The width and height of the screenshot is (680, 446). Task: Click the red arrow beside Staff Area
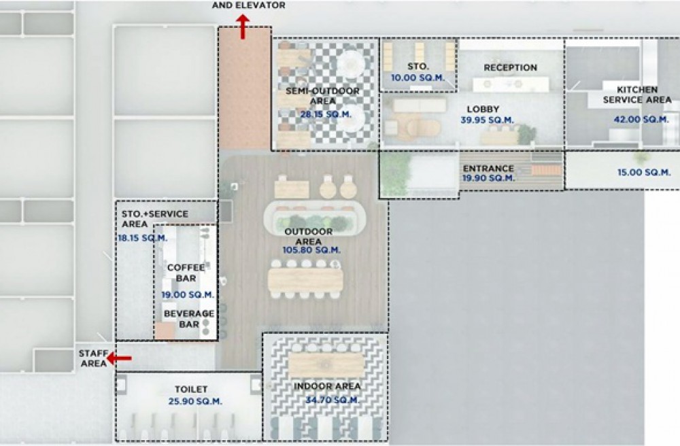pos(119,358)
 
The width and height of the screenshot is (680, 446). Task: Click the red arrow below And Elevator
pos(243,27)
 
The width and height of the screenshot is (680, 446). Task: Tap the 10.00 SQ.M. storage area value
pos(418,78)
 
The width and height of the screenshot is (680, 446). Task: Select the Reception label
pos(511,67)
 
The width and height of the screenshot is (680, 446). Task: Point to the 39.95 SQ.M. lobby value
pos(487,120)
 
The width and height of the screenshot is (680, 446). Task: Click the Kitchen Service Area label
pos(637,95)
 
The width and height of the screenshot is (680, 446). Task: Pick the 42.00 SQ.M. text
pos(641,119)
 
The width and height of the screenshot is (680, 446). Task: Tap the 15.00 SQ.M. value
pos(644,173)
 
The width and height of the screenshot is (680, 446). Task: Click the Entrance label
pos(488,168)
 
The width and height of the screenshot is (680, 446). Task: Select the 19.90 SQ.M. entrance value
pos(488,177)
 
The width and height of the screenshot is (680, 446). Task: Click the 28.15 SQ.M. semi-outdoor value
pos(326,114)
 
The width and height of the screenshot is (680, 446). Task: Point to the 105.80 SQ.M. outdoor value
pos(311,250)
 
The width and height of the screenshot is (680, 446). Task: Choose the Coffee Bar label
pos(186,273)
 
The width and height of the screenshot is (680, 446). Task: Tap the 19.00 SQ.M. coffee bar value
pos(188,295)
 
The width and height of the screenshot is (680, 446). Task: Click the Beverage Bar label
pos(189,319)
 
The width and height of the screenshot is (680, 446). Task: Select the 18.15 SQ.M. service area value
pos(143,238)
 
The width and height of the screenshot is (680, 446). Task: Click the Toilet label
pos(191,389)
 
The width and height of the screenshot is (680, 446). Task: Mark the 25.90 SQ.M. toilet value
pos(195,401)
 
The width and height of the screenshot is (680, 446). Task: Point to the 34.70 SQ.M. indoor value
pos(332,400)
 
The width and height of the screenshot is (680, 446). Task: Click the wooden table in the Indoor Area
pos(326,365)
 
